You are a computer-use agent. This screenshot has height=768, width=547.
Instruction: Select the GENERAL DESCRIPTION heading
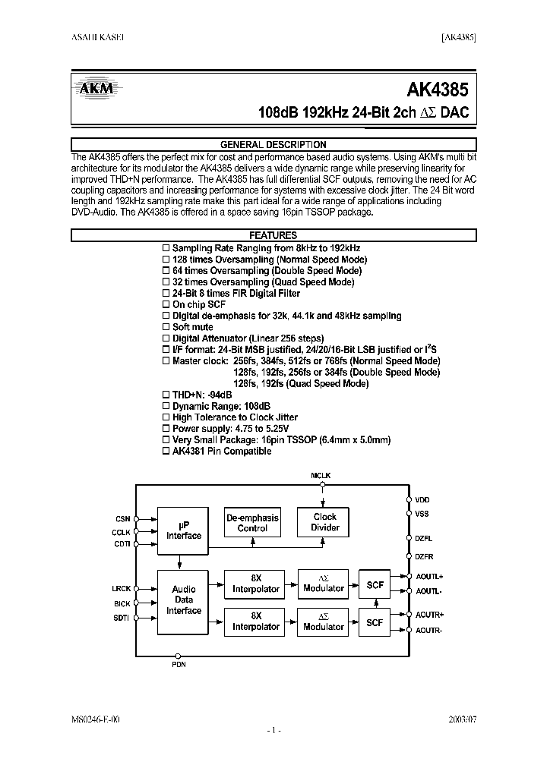[273, 144]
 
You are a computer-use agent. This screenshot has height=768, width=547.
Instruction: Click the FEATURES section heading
[273, 235]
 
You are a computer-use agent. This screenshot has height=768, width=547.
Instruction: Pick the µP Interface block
[184, 530]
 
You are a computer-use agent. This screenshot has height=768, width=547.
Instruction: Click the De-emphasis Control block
[252, 522]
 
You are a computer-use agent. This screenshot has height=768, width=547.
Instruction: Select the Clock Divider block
[325, 522]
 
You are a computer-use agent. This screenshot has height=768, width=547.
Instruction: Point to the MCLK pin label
[321, 475]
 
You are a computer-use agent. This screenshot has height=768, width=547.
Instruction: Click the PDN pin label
[178, 665]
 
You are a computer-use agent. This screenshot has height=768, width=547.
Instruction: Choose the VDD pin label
[422, 500]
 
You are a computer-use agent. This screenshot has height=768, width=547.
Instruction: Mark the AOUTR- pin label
[429, 631]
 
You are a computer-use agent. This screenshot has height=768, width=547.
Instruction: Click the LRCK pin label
[122, 588]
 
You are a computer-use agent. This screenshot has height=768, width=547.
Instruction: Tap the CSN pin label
[123, 519]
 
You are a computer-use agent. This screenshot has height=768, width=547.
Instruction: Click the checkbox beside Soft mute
[167, 327]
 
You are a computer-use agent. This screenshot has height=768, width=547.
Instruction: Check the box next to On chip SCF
[167, 304]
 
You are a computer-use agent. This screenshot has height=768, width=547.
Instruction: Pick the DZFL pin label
[423, 537]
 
